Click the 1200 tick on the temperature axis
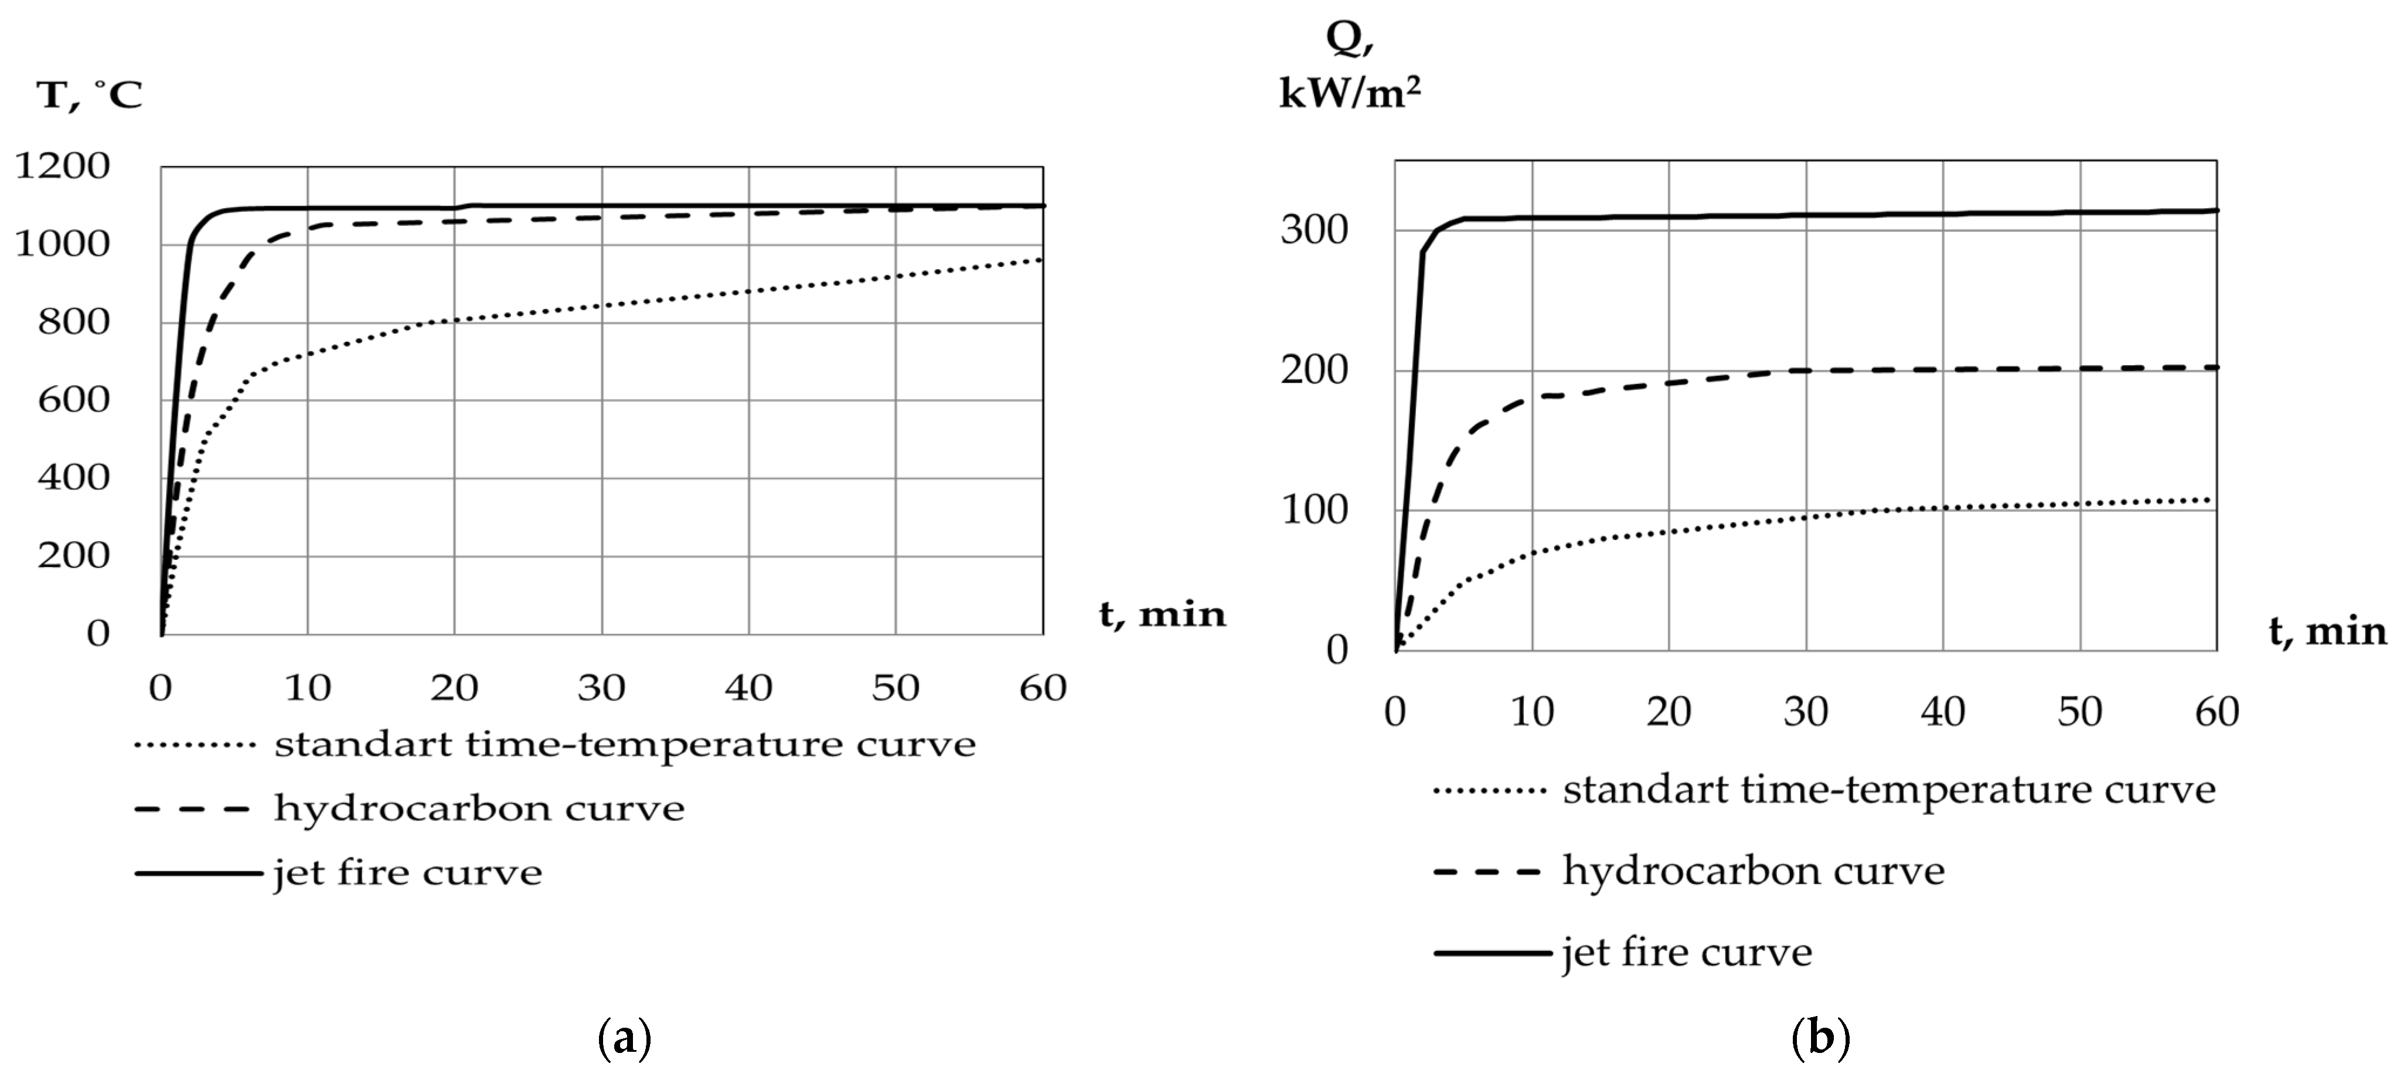point(63,166)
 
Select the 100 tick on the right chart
point(1315,511)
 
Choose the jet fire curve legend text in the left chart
point(408,873)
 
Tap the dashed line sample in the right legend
point(1487,872)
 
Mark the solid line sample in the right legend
point(1490,952)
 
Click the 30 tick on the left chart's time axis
point(601,688)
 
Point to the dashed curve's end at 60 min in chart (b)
point(2215,367)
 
